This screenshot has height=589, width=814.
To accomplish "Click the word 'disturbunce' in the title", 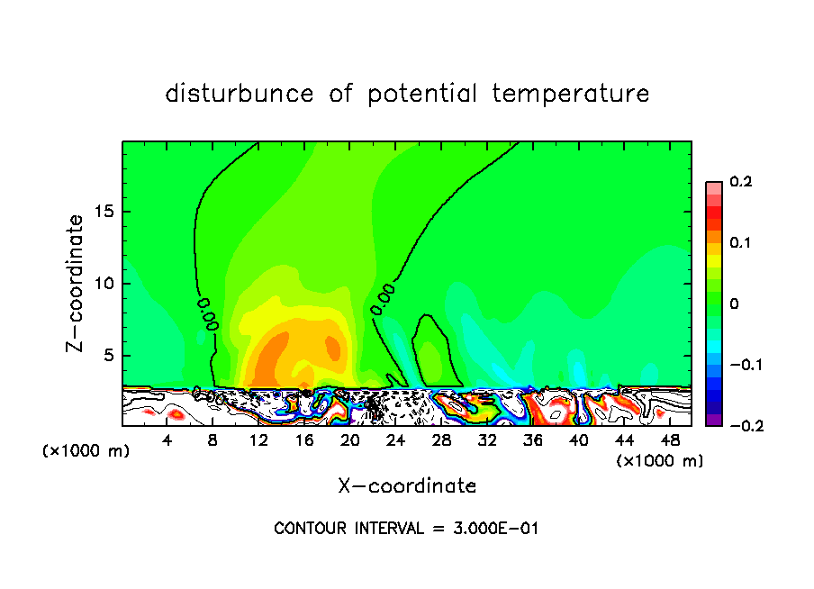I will coord(240,94).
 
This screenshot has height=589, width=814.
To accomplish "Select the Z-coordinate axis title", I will coord(77,283).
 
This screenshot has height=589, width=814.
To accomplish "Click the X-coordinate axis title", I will coord(407,486).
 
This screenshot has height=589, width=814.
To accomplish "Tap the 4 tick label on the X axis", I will coord(167,440).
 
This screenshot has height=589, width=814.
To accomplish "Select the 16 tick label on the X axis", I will coord(304,440).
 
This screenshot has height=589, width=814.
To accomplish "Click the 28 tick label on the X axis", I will coord(441,440).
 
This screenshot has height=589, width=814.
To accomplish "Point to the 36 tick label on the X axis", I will coord(533,440).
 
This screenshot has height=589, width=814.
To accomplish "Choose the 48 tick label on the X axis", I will coord(670,440).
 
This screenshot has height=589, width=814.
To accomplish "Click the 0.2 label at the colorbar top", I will coord(740,182).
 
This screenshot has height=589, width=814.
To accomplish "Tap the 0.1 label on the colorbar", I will coord(740,243).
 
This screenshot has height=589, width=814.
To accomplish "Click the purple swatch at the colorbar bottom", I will coord(713,420).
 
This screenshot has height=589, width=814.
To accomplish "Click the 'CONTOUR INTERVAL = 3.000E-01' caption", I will coord(406,529).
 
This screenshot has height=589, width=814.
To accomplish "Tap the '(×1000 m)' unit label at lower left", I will coord(86,451).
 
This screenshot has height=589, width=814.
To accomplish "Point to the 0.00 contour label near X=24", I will coord(383,298).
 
